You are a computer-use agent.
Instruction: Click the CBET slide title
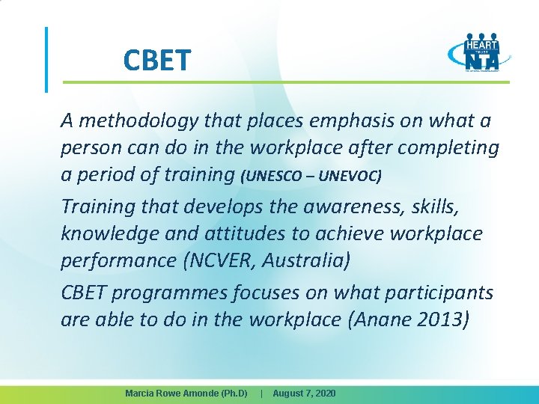point(157,60)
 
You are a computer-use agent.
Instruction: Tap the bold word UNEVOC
point(350,176)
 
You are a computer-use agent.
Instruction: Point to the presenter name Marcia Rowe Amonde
point(186,393)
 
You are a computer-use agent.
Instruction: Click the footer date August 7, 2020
point(304,393)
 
